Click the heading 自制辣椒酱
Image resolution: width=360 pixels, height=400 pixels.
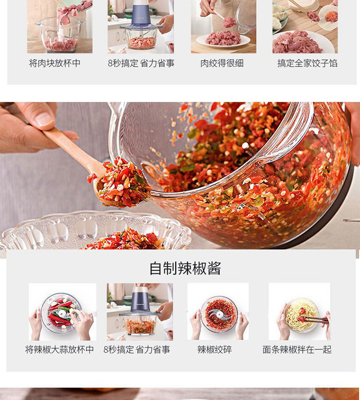185,268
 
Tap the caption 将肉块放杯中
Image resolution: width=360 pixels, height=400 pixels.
55,63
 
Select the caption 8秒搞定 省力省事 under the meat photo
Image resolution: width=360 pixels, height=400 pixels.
141,63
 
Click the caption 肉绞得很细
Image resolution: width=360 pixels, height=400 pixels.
222,63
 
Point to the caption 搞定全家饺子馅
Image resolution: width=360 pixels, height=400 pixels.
307,63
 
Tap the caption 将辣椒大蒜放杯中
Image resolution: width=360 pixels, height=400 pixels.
60,350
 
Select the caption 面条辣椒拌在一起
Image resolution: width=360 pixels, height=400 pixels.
297,350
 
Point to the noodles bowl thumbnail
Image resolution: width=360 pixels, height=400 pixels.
299,312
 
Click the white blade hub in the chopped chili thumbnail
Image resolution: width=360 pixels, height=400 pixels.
219,314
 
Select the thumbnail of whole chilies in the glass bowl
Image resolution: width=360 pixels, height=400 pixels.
62,312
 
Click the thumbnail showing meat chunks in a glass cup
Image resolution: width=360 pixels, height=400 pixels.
60,26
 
